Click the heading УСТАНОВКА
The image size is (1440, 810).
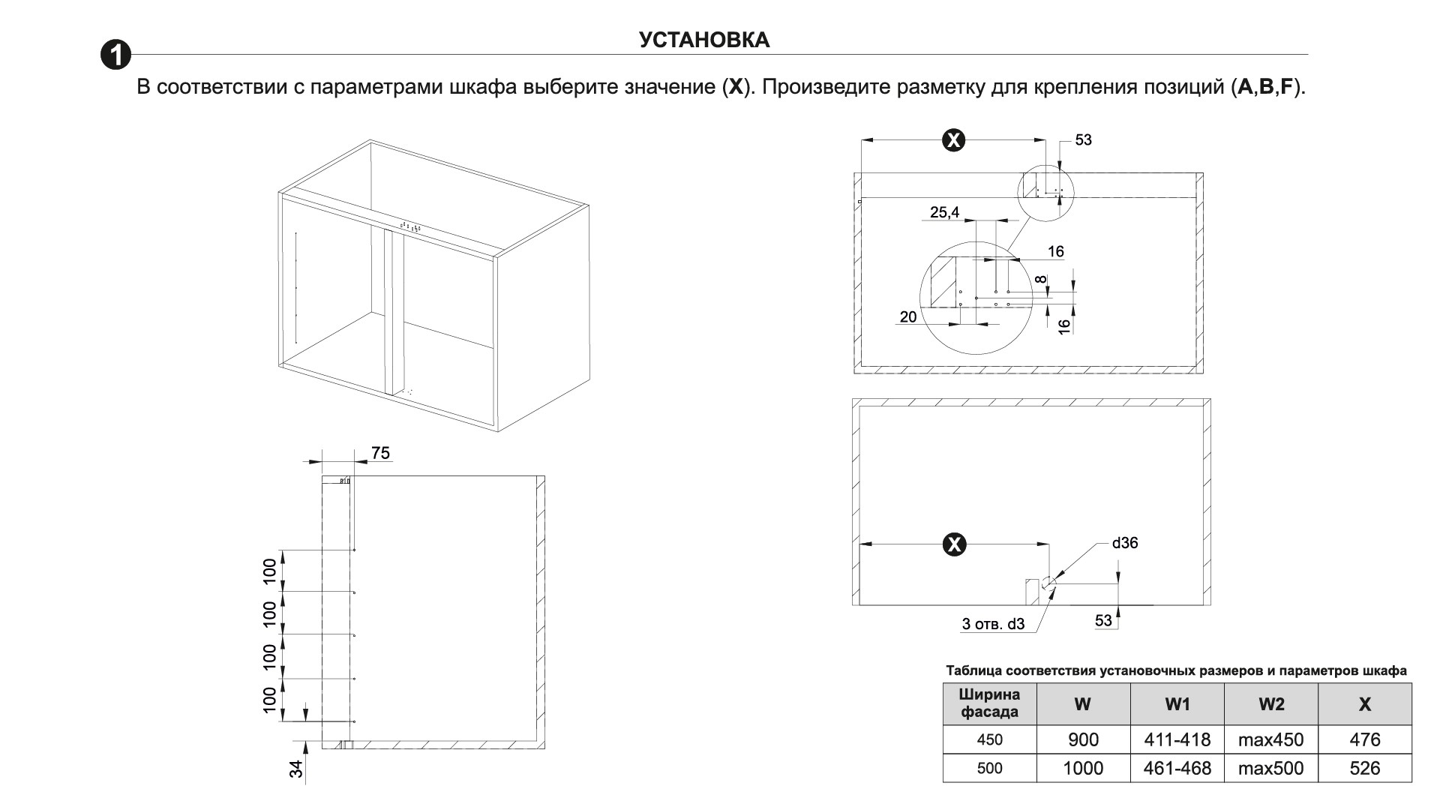point(704,40)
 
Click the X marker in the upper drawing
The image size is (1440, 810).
point(953,139)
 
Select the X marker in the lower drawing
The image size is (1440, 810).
point(954,544)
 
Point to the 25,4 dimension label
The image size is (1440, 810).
point(944,212)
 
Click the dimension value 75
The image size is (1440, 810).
point(380,453)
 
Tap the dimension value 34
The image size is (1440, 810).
point(297,768)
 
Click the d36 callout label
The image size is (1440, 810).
point(1125,542)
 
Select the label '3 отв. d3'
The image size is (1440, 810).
point(993,624)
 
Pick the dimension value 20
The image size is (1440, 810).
point(907,316)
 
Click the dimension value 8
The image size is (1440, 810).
point(1041,280)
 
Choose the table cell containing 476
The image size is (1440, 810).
point(1364,739)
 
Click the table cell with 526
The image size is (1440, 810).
point(1364,768)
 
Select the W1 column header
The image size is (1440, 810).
point(1177,703)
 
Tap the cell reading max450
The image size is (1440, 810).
point(1270,739)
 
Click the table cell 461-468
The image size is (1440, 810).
point(1177,768)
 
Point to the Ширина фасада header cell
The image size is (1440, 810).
point(989,703)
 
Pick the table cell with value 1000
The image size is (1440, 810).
point(1083,768)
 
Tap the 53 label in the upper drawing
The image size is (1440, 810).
point(1083,139)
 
